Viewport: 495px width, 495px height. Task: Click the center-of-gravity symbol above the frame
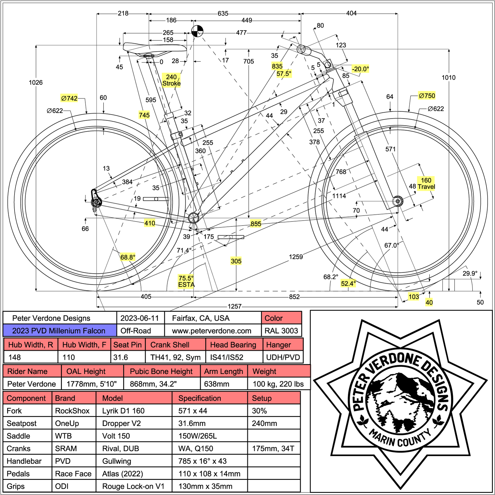tap(197, 31)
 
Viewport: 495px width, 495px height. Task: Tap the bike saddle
tap(155, 48)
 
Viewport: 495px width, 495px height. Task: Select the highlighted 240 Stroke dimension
tap(171, 80)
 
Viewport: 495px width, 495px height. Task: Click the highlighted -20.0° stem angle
tap(360, 69)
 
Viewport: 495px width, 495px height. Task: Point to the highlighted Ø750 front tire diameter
tap(427, 96)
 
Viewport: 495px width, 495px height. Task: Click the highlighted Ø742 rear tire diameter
tap(69, 98)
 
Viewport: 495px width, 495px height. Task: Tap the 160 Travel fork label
tap(426, 183)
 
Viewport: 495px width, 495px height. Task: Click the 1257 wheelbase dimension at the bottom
tap(235, 306)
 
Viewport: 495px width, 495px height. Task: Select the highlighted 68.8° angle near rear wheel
tap(128, 257)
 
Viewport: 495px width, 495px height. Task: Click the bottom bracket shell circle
tap(194, 217)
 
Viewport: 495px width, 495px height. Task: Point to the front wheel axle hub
tap(398, 201)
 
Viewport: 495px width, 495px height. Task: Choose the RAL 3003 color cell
tap(281, 331)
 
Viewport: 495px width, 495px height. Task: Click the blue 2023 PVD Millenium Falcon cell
tap(59, 331)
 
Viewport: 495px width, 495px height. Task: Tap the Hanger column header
tap(283, 345)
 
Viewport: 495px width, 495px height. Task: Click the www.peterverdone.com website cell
tap(212, 331)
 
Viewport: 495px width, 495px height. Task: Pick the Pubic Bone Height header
tap(161, 371)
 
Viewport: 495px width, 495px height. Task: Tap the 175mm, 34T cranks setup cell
tap(273, 449)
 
